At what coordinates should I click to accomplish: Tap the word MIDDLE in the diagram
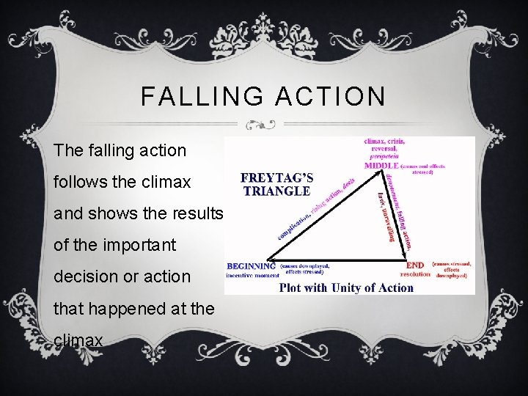(x=381, y=166)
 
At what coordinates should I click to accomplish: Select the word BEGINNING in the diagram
(x=252, y=265)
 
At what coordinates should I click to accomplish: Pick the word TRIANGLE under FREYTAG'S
(x=276, y=191)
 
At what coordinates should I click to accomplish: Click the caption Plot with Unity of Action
(x=346, y=287)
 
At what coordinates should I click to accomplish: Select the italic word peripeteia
(x=383, y=156)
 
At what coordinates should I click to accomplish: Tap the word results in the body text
(x=194, y=213)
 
